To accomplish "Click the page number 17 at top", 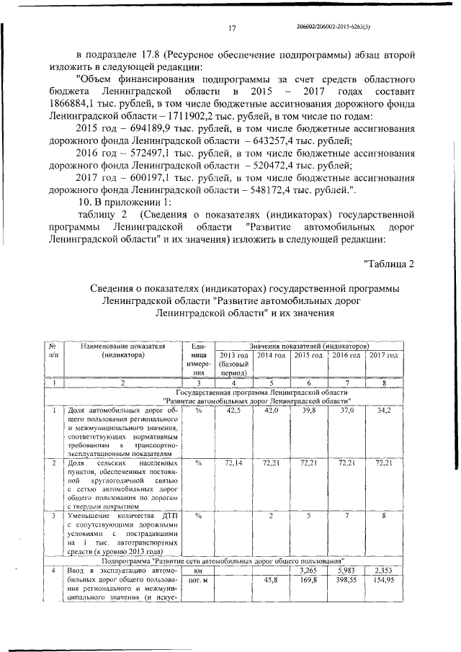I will (233, 27).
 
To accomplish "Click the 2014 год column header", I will (272, 355).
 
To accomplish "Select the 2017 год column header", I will (383, 355).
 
